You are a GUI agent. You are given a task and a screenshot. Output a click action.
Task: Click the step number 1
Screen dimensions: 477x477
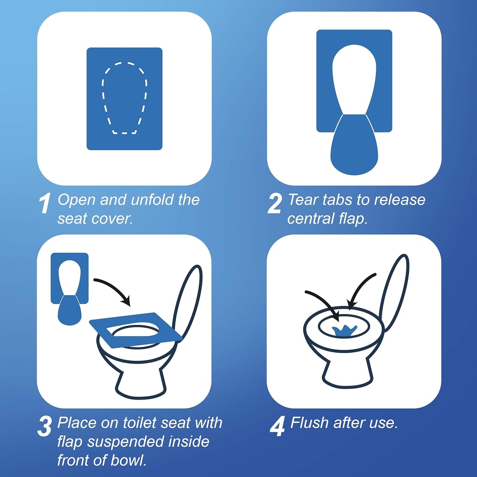tap(45, 203)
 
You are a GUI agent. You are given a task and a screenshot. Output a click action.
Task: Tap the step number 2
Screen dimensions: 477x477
tap(275, 203)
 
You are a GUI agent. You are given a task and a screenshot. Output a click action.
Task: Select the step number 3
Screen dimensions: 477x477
tap(45, 426)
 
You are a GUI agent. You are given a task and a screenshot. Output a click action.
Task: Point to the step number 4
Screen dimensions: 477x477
tap(277, 426)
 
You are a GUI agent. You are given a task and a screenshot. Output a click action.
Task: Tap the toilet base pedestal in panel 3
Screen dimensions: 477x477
tap(140, 383)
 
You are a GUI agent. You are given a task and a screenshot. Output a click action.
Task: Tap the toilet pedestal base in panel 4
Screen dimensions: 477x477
tap(348, 373)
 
